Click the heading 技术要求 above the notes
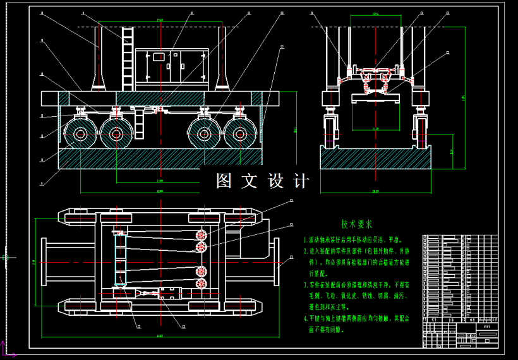tap(357, 224)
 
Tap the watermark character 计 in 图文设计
tap(301, 181)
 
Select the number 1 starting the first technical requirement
tap(305, 241)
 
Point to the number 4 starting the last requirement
tap(305, 318)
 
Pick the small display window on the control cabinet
tap(159, 57)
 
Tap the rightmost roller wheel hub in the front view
tap(240, 135)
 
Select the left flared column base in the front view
tap(99, 81)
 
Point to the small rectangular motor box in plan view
tap(170, 293)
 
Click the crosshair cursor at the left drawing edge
tap(5, 257)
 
